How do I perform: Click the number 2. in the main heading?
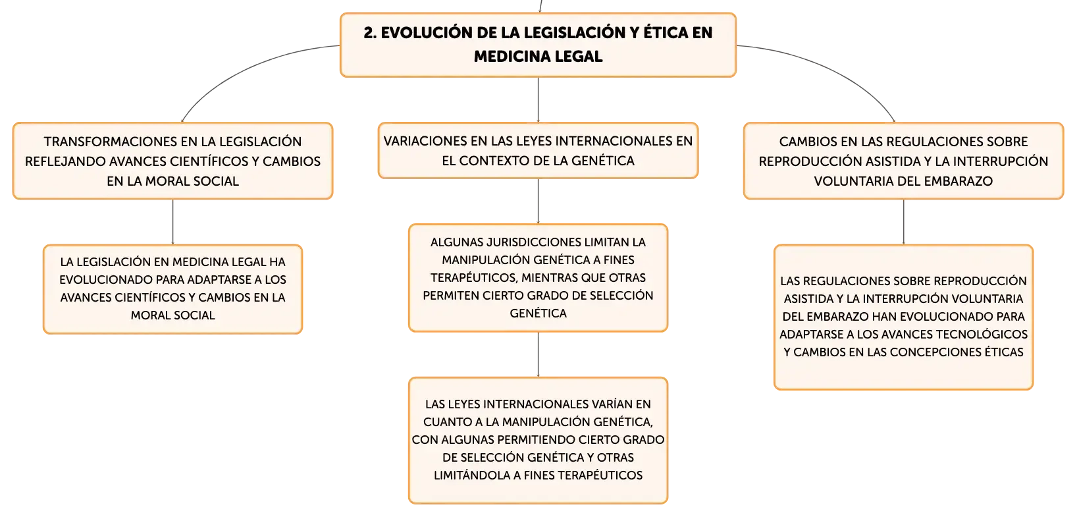(370, 33)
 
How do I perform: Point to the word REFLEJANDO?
(65, 161)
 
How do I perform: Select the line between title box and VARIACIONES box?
(538, 99)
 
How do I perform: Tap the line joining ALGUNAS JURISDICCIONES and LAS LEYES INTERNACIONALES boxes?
(538, 354)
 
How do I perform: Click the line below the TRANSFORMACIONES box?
(172, 222)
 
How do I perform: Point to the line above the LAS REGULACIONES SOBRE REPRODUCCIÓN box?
(903, 222)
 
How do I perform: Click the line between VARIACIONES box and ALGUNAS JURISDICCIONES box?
(538, 201)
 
